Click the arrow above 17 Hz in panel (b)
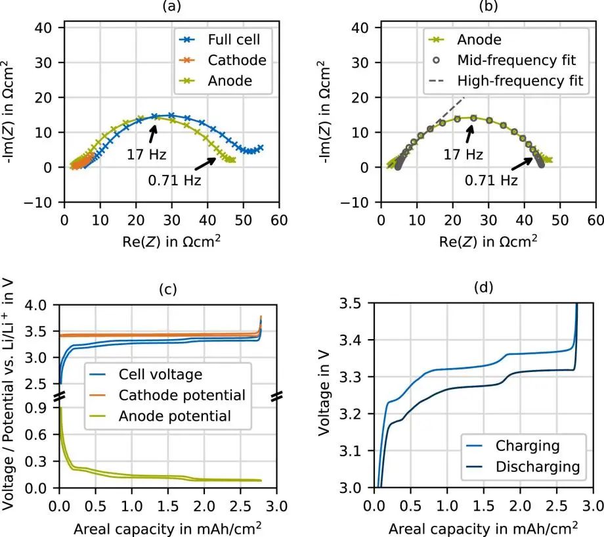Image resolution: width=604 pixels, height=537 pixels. pyautogui.click(x=469, y=131)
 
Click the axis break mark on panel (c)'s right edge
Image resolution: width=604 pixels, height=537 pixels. pyautogui.click(x=276, y=396)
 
